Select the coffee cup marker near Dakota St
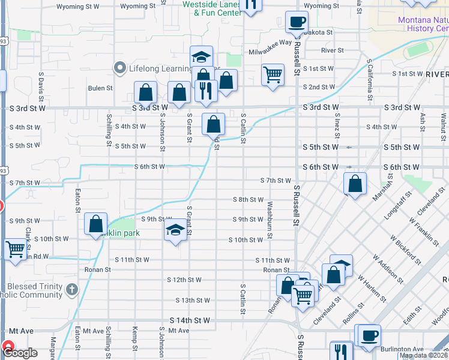coord(297,23)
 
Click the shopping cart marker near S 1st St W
coord(273,75)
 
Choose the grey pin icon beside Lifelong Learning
coord(119,68)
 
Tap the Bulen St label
coord(100,88)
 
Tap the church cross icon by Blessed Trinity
coord(72,290)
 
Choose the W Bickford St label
coord(404,247)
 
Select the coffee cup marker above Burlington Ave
coord(369,335)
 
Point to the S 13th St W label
coord(193,300)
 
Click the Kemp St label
coord(136,339)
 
